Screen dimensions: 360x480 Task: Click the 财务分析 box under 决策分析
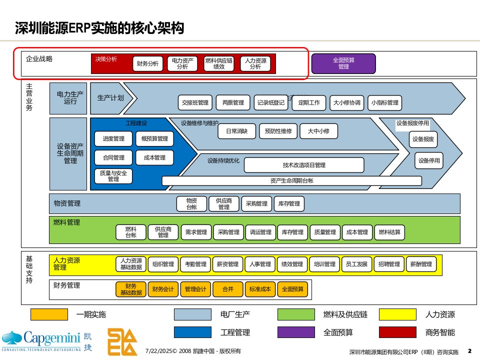tap(147, 63)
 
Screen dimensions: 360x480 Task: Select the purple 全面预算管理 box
tap(343, 63)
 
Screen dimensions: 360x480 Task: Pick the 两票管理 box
tap(233, 103)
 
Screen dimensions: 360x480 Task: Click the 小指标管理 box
tap(385, 103)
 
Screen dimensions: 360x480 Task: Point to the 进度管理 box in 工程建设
tap(113, 138)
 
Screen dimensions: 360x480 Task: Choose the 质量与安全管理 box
tap(113, 176)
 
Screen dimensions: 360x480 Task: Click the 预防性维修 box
tap(278, 131)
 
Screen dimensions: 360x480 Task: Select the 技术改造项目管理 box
tap(304, 165)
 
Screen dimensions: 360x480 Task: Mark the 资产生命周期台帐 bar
tap(291, 180)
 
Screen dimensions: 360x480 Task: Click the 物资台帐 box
tap(191, 203)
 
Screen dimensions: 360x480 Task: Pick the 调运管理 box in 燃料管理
tap(260, 232)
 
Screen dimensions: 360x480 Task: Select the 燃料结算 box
tap(389, 232)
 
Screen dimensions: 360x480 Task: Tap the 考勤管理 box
tap(195, 264)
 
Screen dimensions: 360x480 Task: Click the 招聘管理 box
tap(389, 264)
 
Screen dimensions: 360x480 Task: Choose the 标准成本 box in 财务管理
tap(260, 288)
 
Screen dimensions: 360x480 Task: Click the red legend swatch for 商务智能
tap(398, 332)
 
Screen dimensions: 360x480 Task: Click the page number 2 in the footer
tap(469, 350)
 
